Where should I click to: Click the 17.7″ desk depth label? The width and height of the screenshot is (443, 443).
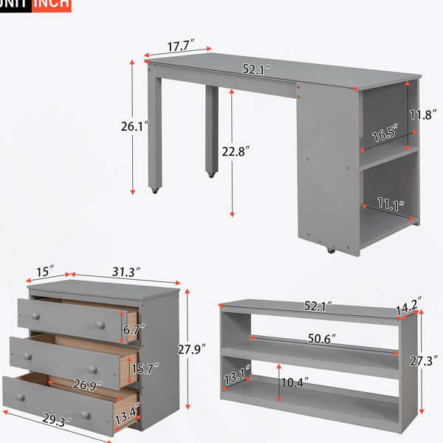point(181,46)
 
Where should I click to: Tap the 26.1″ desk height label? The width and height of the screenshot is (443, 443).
point(135,126)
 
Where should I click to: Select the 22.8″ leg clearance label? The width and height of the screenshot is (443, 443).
point(236,151)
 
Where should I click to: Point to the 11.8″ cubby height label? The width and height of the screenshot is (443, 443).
point(423,114)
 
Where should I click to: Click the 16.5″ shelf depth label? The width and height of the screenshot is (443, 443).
point(385,132)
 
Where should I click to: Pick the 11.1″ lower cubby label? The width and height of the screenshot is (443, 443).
point(391,204)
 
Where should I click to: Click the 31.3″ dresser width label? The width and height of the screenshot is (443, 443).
point(126,272)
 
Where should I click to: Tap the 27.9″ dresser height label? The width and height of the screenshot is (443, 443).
point(191,349)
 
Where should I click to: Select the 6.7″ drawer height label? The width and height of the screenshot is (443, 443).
point(134,329)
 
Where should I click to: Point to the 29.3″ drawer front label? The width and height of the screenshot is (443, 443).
point(57,420)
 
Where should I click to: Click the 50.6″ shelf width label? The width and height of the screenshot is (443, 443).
point(321,338)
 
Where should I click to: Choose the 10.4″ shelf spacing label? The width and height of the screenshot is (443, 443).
point(295,382)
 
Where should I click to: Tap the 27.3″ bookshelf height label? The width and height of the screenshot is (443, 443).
point(424,361)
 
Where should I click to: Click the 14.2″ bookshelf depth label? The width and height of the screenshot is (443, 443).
point(409,306)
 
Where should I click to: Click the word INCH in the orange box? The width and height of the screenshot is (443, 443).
point(51,4)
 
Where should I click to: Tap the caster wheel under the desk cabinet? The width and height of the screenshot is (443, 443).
point(330,250)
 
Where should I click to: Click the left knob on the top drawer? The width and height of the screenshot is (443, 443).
point(35,316)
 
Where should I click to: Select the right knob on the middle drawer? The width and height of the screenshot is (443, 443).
point(92,370)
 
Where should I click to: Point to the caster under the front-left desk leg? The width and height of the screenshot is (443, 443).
point(155,190)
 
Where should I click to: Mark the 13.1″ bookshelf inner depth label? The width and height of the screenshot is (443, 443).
point(237,375)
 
